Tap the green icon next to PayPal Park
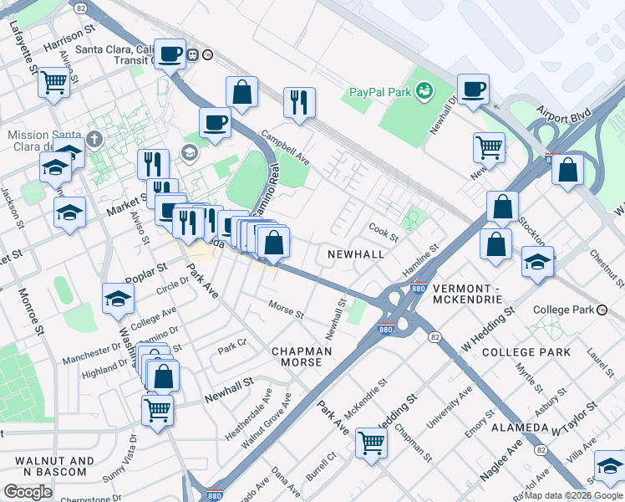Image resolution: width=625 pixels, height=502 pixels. coord(424,89)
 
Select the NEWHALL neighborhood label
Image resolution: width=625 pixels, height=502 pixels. coord(356,254)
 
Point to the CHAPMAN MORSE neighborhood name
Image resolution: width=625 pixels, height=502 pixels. coord(302,356)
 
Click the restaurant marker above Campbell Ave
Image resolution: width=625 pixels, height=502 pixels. coord(299,102)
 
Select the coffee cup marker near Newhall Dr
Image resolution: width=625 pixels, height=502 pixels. coord(473,89)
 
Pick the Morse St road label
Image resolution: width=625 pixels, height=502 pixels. coord(286,310)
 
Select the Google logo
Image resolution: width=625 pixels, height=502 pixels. coord(27,492)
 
